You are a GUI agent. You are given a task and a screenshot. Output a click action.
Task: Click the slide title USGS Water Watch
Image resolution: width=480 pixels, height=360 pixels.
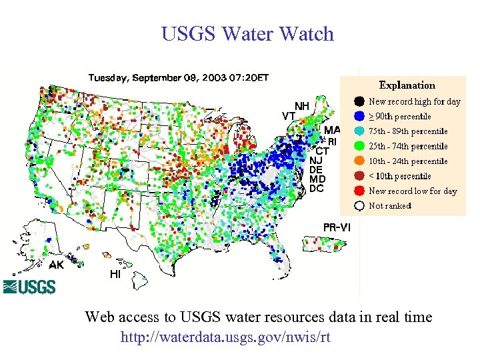[247, 34]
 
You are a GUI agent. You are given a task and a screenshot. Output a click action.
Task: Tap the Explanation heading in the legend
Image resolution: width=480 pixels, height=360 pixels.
[407, 85]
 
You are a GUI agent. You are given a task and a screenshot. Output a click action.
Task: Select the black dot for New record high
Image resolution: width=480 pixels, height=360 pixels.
[359, 101]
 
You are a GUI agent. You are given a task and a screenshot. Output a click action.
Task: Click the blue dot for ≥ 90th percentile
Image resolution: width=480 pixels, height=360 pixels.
[359, 117]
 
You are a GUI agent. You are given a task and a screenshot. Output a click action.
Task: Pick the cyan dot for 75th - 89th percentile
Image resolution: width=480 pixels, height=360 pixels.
[359, 131]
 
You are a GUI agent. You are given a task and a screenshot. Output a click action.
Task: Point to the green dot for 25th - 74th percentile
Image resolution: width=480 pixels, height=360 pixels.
[359, 146]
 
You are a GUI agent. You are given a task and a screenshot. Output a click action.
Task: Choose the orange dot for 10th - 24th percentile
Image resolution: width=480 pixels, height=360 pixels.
[359, 161]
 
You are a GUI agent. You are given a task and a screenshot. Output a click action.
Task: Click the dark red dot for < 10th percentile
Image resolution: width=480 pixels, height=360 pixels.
[359, 176]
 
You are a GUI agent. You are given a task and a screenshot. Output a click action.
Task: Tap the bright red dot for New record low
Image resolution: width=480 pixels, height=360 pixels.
[359, 191]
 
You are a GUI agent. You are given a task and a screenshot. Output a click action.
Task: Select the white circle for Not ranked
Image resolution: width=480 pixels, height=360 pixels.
[359, 205]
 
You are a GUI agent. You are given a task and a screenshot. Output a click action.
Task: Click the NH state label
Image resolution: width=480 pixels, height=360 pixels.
[302, 106]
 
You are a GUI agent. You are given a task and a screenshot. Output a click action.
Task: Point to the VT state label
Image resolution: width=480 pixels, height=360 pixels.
[289, 115]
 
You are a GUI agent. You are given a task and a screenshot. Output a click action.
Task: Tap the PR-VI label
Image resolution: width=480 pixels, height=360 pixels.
[337, 228]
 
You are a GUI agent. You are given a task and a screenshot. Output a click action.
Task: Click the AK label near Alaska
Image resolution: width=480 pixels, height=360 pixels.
[57, 265]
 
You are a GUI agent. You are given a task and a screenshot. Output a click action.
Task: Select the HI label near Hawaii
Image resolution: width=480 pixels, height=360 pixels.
[115, 274]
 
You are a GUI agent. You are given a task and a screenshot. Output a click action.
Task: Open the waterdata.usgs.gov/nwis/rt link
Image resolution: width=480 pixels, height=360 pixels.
[225, 337]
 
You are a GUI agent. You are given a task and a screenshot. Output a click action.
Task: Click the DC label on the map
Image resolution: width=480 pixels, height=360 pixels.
[317, 189]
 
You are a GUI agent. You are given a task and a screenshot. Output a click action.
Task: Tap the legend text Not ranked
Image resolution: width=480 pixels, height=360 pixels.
[390, 206]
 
